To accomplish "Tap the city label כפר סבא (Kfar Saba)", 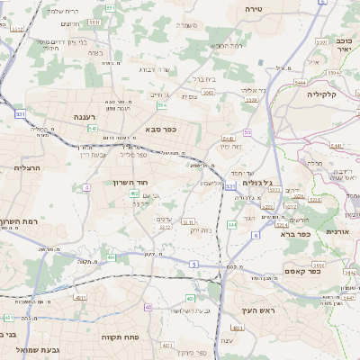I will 159,129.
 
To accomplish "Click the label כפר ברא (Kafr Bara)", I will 294,234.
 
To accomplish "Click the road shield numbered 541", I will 93,129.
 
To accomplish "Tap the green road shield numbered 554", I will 162,105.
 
